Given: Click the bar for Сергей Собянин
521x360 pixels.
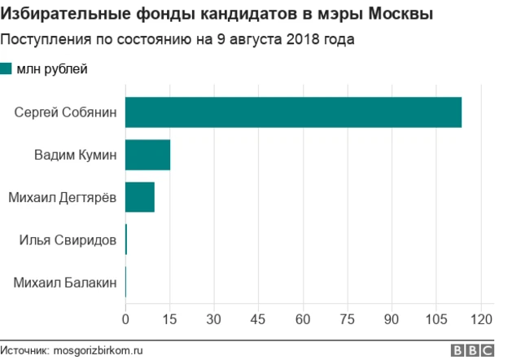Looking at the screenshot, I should (x=293, y=112).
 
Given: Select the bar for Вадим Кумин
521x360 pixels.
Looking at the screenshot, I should (x=147, y=154).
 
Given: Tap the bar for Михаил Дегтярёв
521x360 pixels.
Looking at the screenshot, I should (x=139, y=197).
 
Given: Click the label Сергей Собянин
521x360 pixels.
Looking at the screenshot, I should (x=65, y=112).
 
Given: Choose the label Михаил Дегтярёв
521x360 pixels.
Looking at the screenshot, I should (x=62, y=197).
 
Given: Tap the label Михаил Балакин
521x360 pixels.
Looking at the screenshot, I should (x=65, y=283).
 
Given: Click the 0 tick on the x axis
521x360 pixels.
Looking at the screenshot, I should (x=125, y=318).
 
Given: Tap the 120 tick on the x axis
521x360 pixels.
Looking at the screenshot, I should (x=482, y=318).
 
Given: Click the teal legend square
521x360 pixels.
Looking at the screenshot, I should (x=7, y=69).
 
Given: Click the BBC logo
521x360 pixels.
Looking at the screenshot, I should (x=474, y=350).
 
